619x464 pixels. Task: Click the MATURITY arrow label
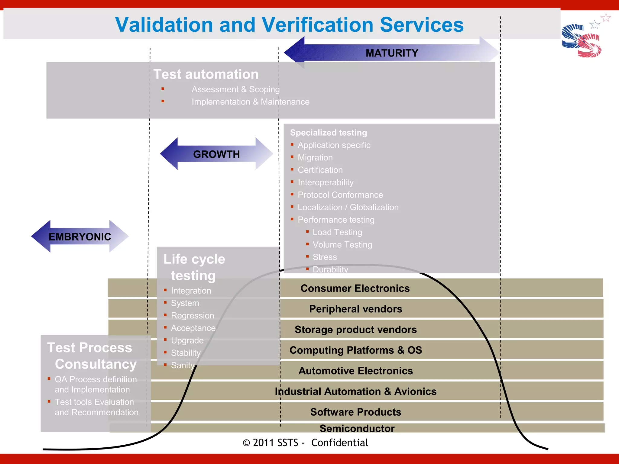click(392, 53)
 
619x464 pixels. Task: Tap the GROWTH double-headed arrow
click(216, 154)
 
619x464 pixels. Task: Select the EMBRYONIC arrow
click(80, 237)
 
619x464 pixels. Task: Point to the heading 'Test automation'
click(206, 74)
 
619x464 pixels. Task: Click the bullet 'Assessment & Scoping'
click(235, 89)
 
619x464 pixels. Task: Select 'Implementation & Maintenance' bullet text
click(250, 102)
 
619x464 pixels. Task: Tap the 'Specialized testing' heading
click(328, 133)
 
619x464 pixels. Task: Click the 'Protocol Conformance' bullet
click(340, 195)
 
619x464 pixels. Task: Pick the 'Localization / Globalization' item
click(348, 207)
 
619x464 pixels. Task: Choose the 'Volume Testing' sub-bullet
click(342, 245)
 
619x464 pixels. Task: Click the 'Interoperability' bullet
click(326, 182)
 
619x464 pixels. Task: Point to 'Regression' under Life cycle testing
click(192, 316)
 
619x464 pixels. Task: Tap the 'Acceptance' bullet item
click(193, 328)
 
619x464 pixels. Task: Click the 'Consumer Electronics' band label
click(355, 288)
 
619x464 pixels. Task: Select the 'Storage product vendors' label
click(355, 330)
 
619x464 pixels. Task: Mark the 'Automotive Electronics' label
click(355, 371)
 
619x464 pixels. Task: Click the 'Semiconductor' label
click(357, 428)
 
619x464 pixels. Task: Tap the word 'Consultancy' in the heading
click(96, 364)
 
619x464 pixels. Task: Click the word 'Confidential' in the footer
click(339, 443)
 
